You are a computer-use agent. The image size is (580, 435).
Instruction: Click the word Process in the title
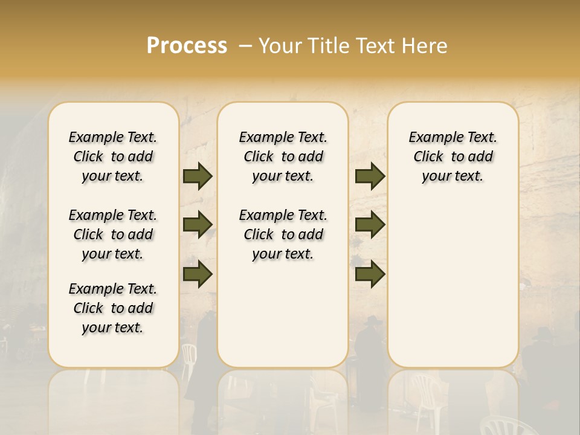point(187,46)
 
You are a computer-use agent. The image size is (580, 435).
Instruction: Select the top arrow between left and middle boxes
point(198,176)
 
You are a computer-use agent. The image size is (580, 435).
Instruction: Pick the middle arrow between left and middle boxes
point(198,225)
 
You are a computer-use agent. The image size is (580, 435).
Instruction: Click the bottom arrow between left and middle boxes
point(198,274)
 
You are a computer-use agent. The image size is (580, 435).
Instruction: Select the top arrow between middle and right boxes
point(370,176)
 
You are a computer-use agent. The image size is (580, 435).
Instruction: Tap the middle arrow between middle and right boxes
point(370,225)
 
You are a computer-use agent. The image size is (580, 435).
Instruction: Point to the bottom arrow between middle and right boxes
point(370,274)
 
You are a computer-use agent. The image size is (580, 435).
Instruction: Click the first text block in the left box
point(113,156)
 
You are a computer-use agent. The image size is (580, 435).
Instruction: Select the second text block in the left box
point(113,234)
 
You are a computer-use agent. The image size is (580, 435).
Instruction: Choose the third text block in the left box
point(113,308)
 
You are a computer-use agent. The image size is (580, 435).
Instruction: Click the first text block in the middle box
point(283,156)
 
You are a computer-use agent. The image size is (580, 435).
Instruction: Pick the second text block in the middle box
point(283,234)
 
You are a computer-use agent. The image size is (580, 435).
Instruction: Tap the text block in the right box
point(453,156)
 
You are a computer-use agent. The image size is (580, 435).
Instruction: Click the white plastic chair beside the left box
point(188,356)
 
